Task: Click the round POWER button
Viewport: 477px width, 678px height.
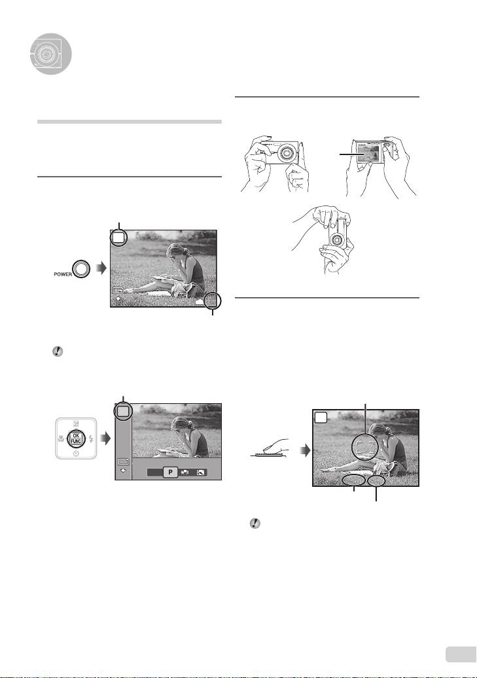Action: coord(81,269)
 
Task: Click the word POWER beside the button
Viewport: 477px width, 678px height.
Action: coord(63,274)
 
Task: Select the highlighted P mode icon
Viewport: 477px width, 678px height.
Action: coord(170,473)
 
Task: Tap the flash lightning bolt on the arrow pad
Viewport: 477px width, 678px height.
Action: coord(91,439)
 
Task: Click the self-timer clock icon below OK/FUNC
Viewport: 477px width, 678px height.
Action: coord(76,453)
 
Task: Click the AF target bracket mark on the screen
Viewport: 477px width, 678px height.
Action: coord(365,447)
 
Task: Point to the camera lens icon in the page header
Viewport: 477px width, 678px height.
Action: coord(50,54)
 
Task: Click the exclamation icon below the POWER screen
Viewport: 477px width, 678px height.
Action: coord(58,351)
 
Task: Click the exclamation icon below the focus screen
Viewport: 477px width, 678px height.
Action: coord(255,524)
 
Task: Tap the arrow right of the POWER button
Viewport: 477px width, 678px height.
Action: coord(101,268)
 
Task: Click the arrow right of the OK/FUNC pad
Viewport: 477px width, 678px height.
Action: coord(105,438)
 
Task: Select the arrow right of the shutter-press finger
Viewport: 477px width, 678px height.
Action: coord(306,451)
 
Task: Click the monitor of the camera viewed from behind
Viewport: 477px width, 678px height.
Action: coord(368,154)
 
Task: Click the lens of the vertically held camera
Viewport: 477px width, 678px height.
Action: coord(337,239)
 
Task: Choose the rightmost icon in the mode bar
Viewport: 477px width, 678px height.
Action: coord(200,473)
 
